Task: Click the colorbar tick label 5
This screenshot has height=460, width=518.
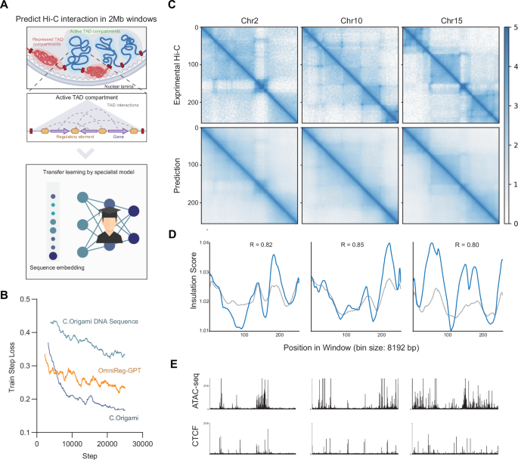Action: pos(514,28)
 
